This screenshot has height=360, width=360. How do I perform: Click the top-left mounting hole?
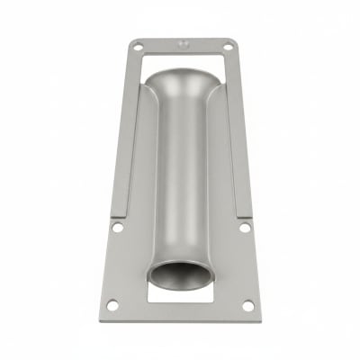(x=138, y=46)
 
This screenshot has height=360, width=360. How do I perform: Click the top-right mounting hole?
(x=227, y=46)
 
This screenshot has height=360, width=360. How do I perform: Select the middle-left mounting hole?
(x=117, y=228)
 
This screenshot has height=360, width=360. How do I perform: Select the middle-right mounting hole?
(x=244, y=228)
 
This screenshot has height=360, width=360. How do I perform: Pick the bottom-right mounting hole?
(x=248, y=305)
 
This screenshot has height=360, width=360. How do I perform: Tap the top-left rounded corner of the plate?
(x=131, y=40)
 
